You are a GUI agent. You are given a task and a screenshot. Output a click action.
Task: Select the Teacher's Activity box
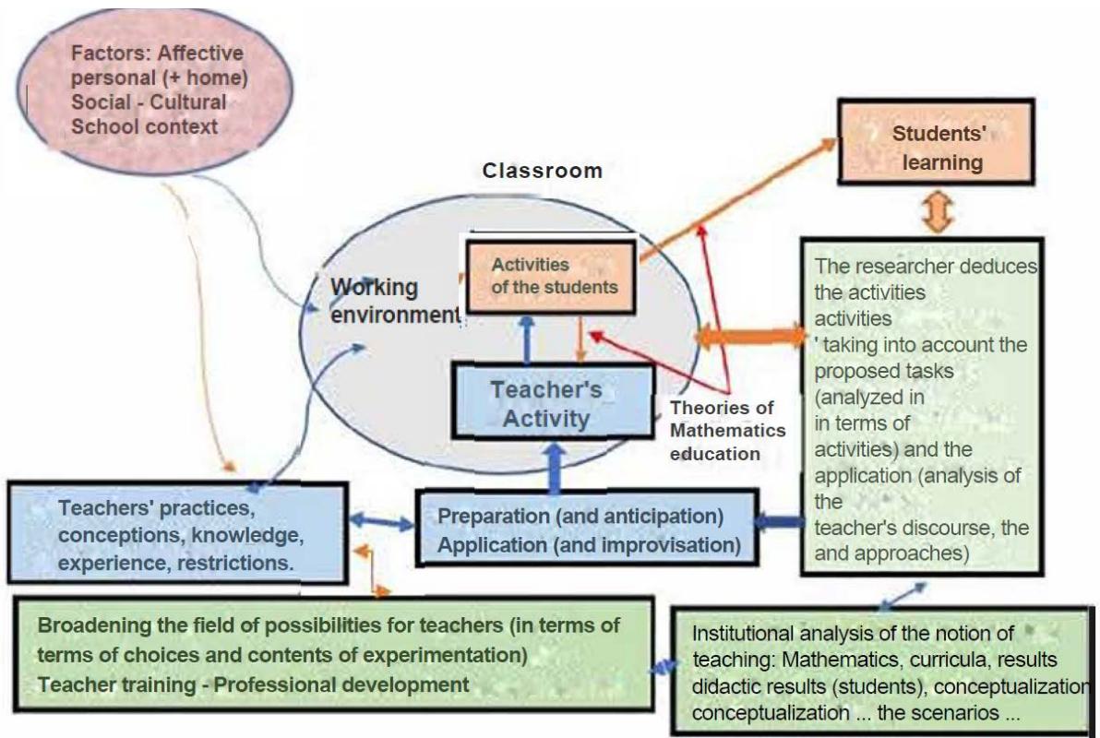553,402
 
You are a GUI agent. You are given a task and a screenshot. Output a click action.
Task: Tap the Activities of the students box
551,275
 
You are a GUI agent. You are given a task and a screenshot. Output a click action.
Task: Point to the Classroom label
542,171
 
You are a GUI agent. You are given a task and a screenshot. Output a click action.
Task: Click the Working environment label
395,301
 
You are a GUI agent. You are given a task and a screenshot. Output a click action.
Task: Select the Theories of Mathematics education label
728,430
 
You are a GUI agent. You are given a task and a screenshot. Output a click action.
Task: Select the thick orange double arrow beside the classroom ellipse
749,336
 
